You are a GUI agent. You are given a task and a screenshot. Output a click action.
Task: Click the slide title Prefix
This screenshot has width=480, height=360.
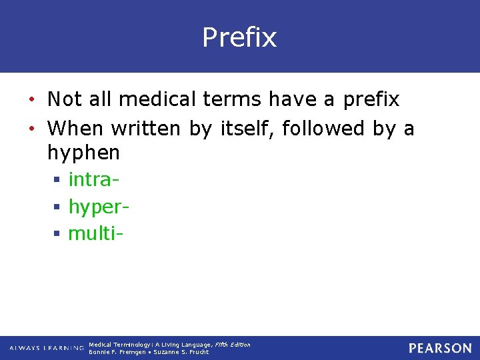click(239, 38)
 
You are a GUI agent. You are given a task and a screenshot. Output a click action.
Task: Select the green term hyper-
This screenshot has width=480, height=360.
click(99, 207)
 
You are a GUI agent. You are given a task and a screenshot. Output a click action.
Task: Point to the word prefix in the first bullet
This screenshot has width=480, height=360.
click(371, 100)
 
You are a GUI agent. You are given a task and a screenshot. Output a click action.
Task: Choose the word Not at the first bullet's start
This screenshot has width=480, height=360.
click(64, 99)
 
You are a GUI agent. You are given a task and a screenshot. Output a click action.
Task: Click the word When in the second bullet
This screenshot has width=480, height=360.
click(76, 127)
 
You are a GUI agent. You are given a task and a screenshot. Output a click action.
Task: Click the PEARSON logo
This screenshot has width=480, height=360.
click(440, 348)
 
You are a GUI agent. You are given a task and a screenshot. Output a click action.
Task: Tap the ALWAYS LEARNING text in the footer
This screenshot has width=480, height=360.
click(46, 348)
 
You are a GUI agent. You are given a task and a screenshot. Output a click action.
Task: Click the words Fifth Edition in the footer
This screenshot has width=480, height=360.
click(233, 345)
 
